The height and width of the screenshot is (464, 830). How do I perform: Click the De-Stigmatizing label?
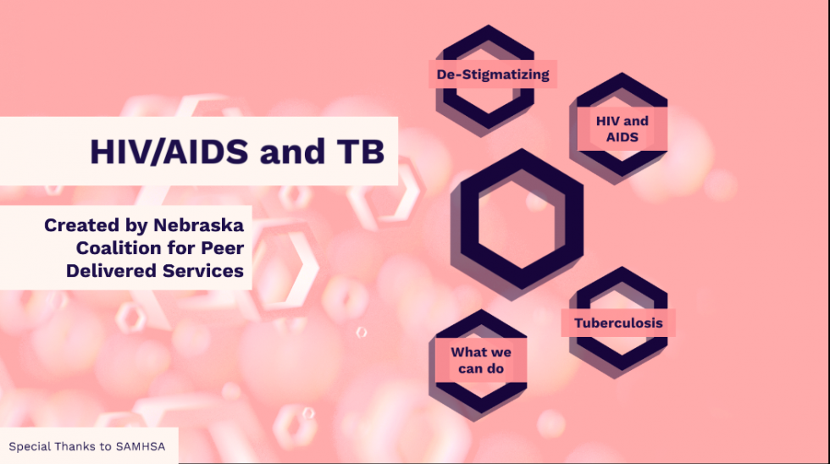tap(492, 75)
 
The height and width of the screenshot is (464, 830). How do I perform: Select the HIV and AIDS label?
tap(622, 129)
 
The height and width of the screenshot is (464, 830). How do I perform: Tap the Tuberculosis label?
tap(618, 323)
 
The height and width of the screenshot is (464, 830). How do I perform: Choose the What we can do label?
tap(480, 360)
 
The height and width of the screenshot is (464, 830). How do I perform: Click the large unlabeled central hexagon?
tap(517, 218)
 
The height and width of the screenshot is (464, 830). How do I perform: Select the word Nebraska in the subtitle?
tap(198, 226)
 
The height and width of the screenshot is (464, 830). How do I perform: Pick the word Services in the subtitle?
tap(206, 271)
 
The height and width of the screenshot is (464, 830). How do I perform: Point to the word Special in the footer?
tap(28, 446)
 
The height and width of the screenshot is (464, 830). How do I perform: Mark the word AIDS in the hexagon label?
tap(622, 137)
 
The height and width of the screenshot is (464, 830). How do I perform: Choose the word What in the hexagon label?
tap(468, 352)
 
